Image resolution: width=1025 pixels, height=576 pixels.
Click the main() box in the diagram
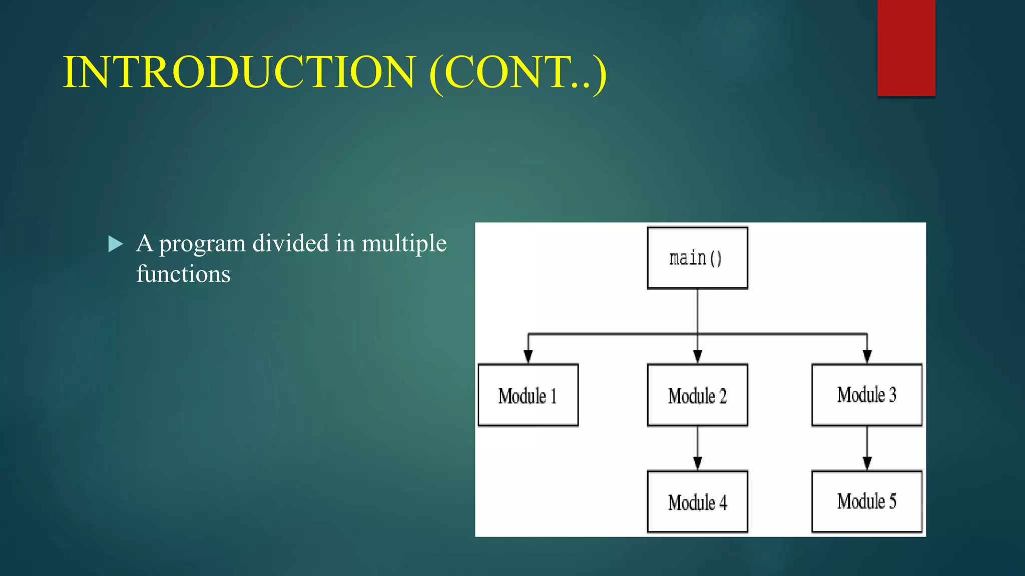tap(697, 258)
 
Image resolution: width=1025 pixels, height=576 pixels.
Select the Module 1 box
tap(528, 395)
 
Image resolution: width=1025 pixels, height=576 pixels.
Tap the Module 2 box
tap(697, 395)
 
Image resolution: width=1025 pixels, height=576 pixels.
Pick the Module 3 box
tap(867, 394)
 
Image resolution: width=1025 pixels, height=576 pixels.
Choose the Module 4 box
tap(697, 501)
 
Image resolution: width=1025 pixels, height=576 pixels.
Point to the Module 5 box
tap(867, 501)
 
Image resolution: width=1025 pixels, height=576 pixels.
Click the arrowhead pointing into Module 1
tap(528, 356)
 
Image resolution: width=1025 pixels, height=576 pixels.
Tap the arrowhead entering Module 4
tap(697, 463)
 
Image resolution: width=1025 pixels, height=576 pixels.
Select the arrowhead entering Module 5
tap(867, 463)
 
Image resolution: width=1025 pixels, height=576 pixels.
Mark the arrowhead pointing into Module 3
tap(867, 356)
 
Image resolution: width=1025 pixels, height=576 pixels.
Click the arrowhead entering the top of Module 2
tap(697, 356)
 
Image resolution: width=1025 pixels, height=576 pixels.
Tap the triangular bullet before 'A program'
tap(116, 244)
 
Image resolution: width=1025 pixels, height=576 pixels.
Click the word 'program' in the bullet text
tap(202, 245)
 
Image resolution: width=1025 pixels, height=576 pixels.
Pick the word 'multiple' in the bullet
tap(404, 245)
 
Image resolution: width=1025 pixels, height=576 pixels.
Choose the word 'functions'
tap(183, 274)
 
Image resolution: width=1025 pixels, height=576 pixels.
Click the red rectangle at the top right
tap(906, 47)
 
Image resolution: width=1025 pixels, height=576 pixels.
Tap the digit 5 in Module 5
tap(892, 501)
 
